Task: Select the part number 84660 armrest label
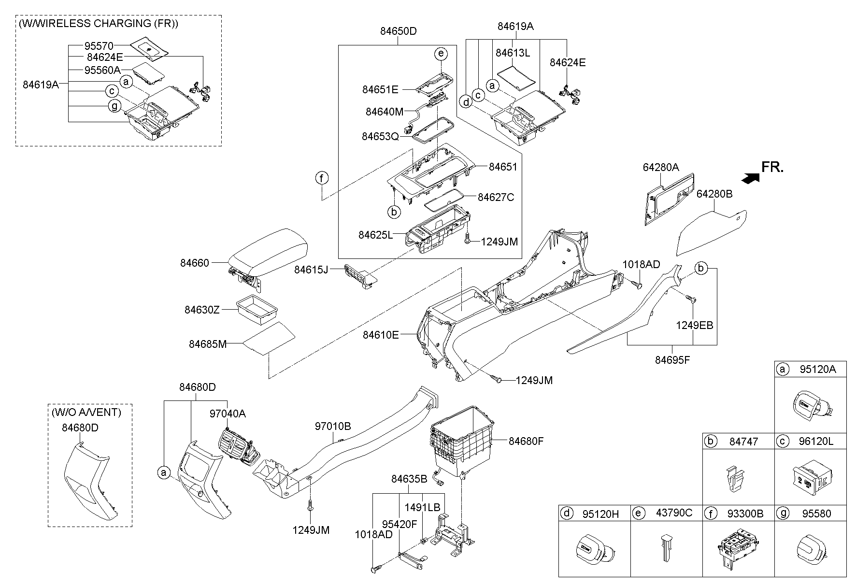[195, 263]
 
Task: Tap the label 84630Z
[202, 310]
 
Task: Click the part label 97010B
[333, 427]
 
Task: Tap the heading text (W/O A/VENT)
[86, 412]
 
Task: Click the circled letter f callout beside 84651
[322, 178]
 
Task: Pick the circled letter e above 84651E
[441, 54]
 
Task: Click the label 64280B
[714, 194]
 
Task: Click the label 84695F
[672, 360]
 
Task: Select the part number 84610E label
[381, 334]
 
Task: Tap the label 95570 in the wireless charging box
[99, 46]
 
